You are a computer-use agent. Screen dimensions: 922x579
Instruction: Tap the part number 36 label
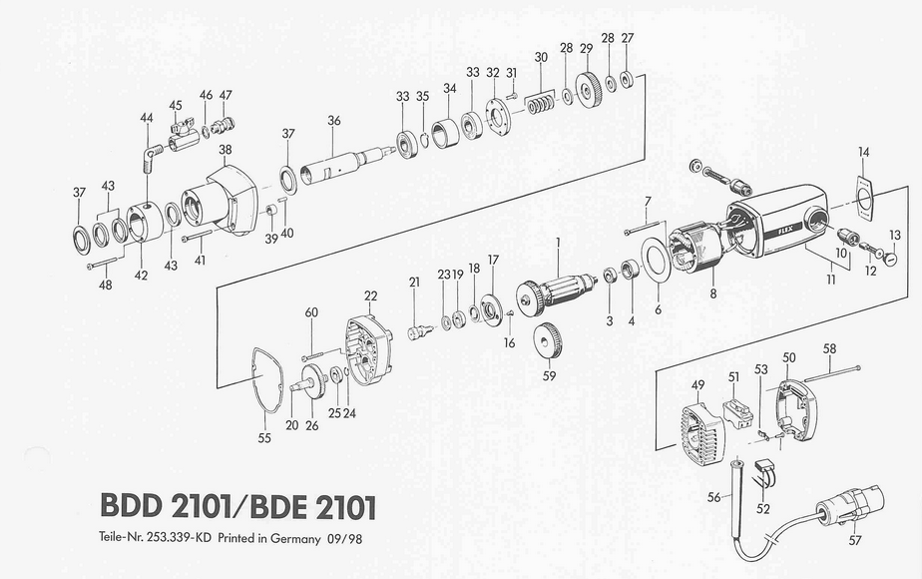pos(334,121)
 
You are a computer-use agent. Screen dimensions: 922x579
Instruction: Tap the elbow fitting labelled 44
pos(152,157)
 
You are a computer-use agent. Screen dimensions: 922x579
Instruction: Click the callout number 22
pos(370,295)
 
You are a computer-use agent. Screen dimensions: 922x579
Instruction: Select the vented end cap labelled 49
pos(702,432)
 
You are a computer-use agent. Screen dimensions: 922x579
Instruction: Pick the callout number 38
pos(226,150)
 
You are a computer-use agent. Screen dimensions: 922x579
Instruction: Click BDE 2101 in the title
pos(313,507)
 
